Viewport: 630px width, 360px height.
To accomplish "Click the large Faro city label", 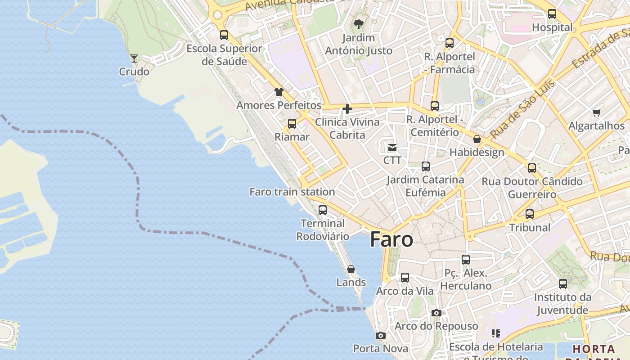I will point(391,240).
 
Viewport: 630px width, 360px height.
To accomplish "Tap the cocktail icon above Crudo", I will point(134,58).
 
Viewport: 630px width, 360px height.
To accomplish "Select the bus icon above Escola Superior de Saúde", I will point(224,35).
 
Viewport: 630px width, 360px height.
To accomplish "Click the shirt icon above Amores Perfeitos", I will point(279,92).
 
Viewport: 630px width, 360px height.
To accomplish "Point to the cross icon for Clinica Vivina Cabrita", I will point(347,108).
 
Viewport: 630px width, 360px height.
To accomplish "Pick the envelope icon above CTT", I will point(392,147).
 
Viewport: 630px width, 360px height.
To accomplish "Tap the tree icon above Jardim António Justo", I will point(359,24).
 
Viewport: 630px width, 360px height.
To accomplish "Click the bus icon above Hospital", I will point(552,14).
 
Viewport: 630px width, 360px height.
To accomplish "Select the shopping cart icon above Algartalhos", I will point(597,112).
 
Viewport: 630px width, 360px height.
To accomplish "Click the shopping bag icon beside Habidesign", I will point(477,139).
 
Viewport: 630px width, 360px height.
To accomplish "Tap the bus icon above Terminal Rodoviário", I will point(323,210).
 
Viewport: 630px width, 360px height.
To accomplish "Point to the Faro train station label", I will point(292,192).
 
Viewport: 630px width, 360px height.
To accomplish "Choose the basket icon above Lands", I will point(351,269).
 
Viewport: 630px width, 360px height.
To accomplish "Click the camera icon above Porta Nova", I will point(381,335).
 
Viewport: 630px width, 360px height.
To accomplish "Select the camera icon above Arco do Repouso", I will point(436,313).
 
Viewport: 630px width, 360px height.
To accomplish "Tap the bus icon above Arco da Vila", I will point(405,278).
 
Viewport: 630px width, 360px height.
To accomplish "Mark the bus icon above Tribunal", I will point(530,214).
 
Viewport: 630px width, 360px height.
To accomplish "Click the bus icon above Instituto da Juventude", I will point(563,284).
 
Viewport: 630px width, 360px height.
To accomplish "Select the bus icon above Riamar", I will point(292,124).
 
